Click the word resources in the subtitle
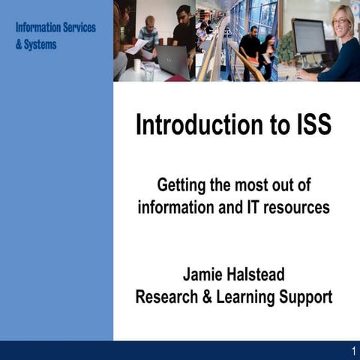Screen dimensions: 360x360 (295, 207)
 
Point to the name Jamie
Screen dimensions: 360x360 (205, 274)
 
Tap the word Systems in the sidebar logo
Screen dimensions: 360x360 (40, 44)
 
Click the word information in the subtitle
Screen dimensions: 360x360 (169, 207)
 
